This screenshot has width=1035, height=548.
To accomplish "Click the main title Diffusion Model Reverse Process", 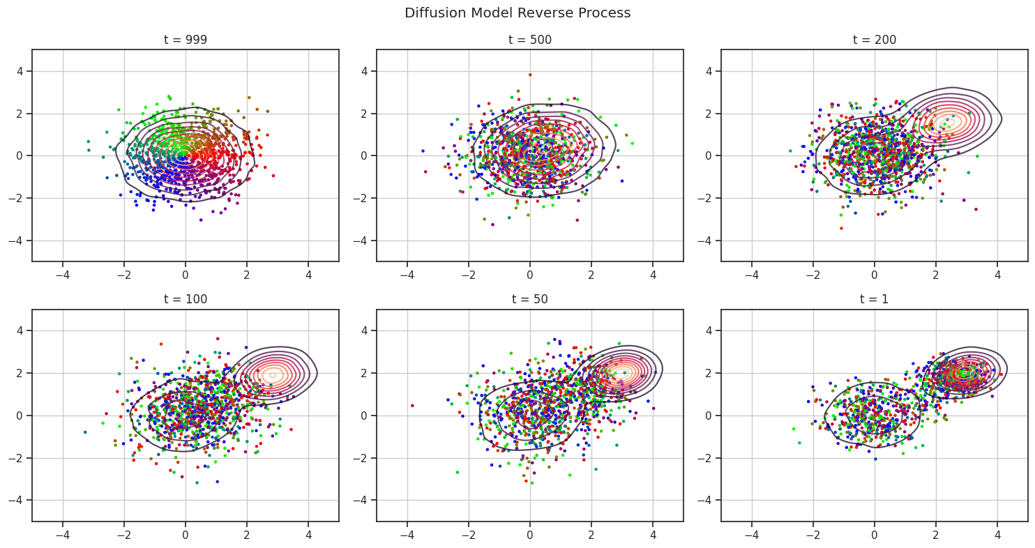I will (517, 13).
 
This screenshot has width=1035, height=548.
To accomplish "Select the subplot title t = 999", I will (186, 40).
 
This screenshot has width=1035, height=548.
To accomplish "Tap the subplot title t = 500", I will (530, 40).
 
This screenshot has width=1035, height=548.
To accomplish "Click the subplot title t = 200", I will (874, 40).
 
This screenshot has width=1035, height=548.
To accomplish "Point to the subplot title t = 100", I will (186, 299).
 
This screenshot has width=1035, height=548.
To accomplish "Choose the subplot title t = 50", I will (530, 299).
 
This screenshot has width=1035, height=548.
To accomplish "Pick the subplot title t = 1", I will (874, 299).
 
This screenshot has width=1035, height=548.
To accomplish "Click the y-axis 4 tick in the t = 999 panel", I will (22, 71).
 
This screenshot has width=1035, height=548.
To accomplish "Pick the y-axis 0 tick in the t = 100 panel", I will (22, 416).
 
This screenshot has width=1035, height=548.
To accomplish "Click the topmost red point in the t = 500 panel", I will (530, 75).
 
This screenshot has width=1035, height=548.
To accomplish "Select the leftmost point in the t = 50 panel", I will (412, 405).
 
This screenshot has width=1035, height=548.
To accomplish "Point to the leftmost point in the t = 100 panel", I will (85, 432).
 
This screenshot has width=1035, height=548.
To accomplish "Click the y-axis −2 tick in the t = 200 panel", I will (708, 198).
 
